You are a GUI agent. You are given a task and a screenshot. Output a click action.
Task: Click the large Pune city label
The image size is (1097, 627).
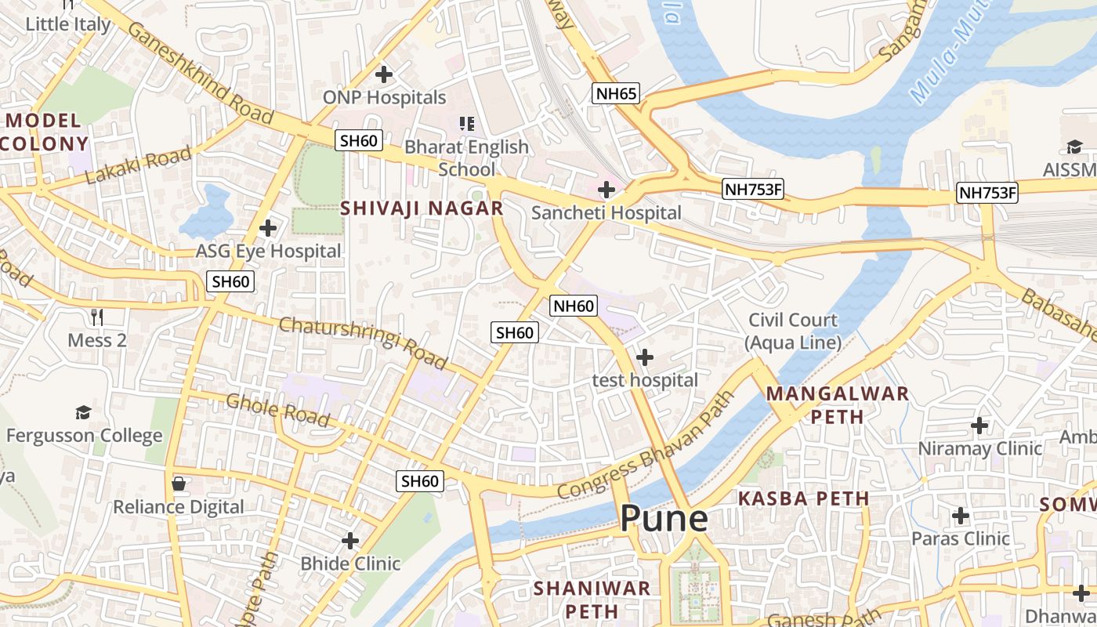point(664,519)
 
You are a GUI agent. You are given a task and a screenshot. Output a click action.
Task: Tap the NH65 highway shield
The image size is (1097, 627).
point(615,94)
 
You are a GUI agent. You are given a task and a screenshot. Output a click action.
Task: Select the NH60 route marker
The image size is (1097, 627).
point(574,306)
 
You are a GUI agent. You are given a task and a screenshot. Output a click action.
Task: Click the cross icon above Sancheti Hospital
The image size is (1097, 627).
point(606,190)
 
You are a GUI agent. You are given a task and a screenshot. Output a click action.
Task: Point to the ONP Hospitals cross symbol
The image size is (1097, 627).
point(383,74)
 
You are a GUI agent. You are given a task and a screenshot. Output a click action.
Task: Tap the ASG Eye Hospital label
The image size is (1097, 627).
point(268,252)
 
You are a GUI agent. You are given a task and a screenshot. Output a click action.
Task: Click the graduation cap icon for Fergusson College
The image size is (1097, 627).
point(83,412)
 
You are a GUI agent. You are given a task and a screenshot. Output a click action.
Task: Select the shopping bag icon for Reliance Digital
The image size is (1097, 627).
point(179,484)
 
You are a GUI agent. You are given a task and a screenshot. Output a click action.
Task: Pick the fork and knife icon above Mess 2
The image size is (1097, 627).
point(97,317)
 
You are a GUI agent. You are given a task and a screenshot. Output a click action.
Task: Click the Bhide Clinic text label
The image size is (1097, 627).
point(350,564)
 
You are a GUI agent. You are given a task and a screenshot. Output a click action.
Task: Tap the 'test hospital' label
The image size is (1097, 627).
point(644,380)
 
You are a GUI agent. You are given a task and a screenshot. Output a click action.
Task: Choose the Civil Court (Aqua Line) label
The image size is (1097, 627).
point(792,331)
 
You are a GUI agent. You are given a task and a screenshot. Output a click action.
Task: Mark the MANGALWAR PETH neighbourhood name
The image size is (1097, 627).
point(837,404)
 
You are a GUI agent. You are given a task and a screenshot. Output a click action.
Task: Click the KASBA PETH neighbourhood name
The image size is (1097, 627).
point(804,498)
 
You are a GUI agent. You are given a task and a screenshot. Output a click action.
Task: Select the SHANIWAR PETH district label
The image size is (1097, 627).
point(592,599)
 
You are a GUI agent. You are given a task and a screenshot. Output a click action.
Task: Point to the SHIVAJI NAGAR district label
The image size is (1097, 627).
point(422,208)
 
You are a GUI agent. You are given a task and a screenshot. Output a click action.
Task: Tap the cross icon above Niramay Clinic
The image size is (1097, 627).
point(979,426)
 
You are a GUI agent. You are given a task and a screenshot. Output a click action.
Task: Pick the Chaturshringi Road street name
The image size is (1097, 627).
point(362,342)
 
